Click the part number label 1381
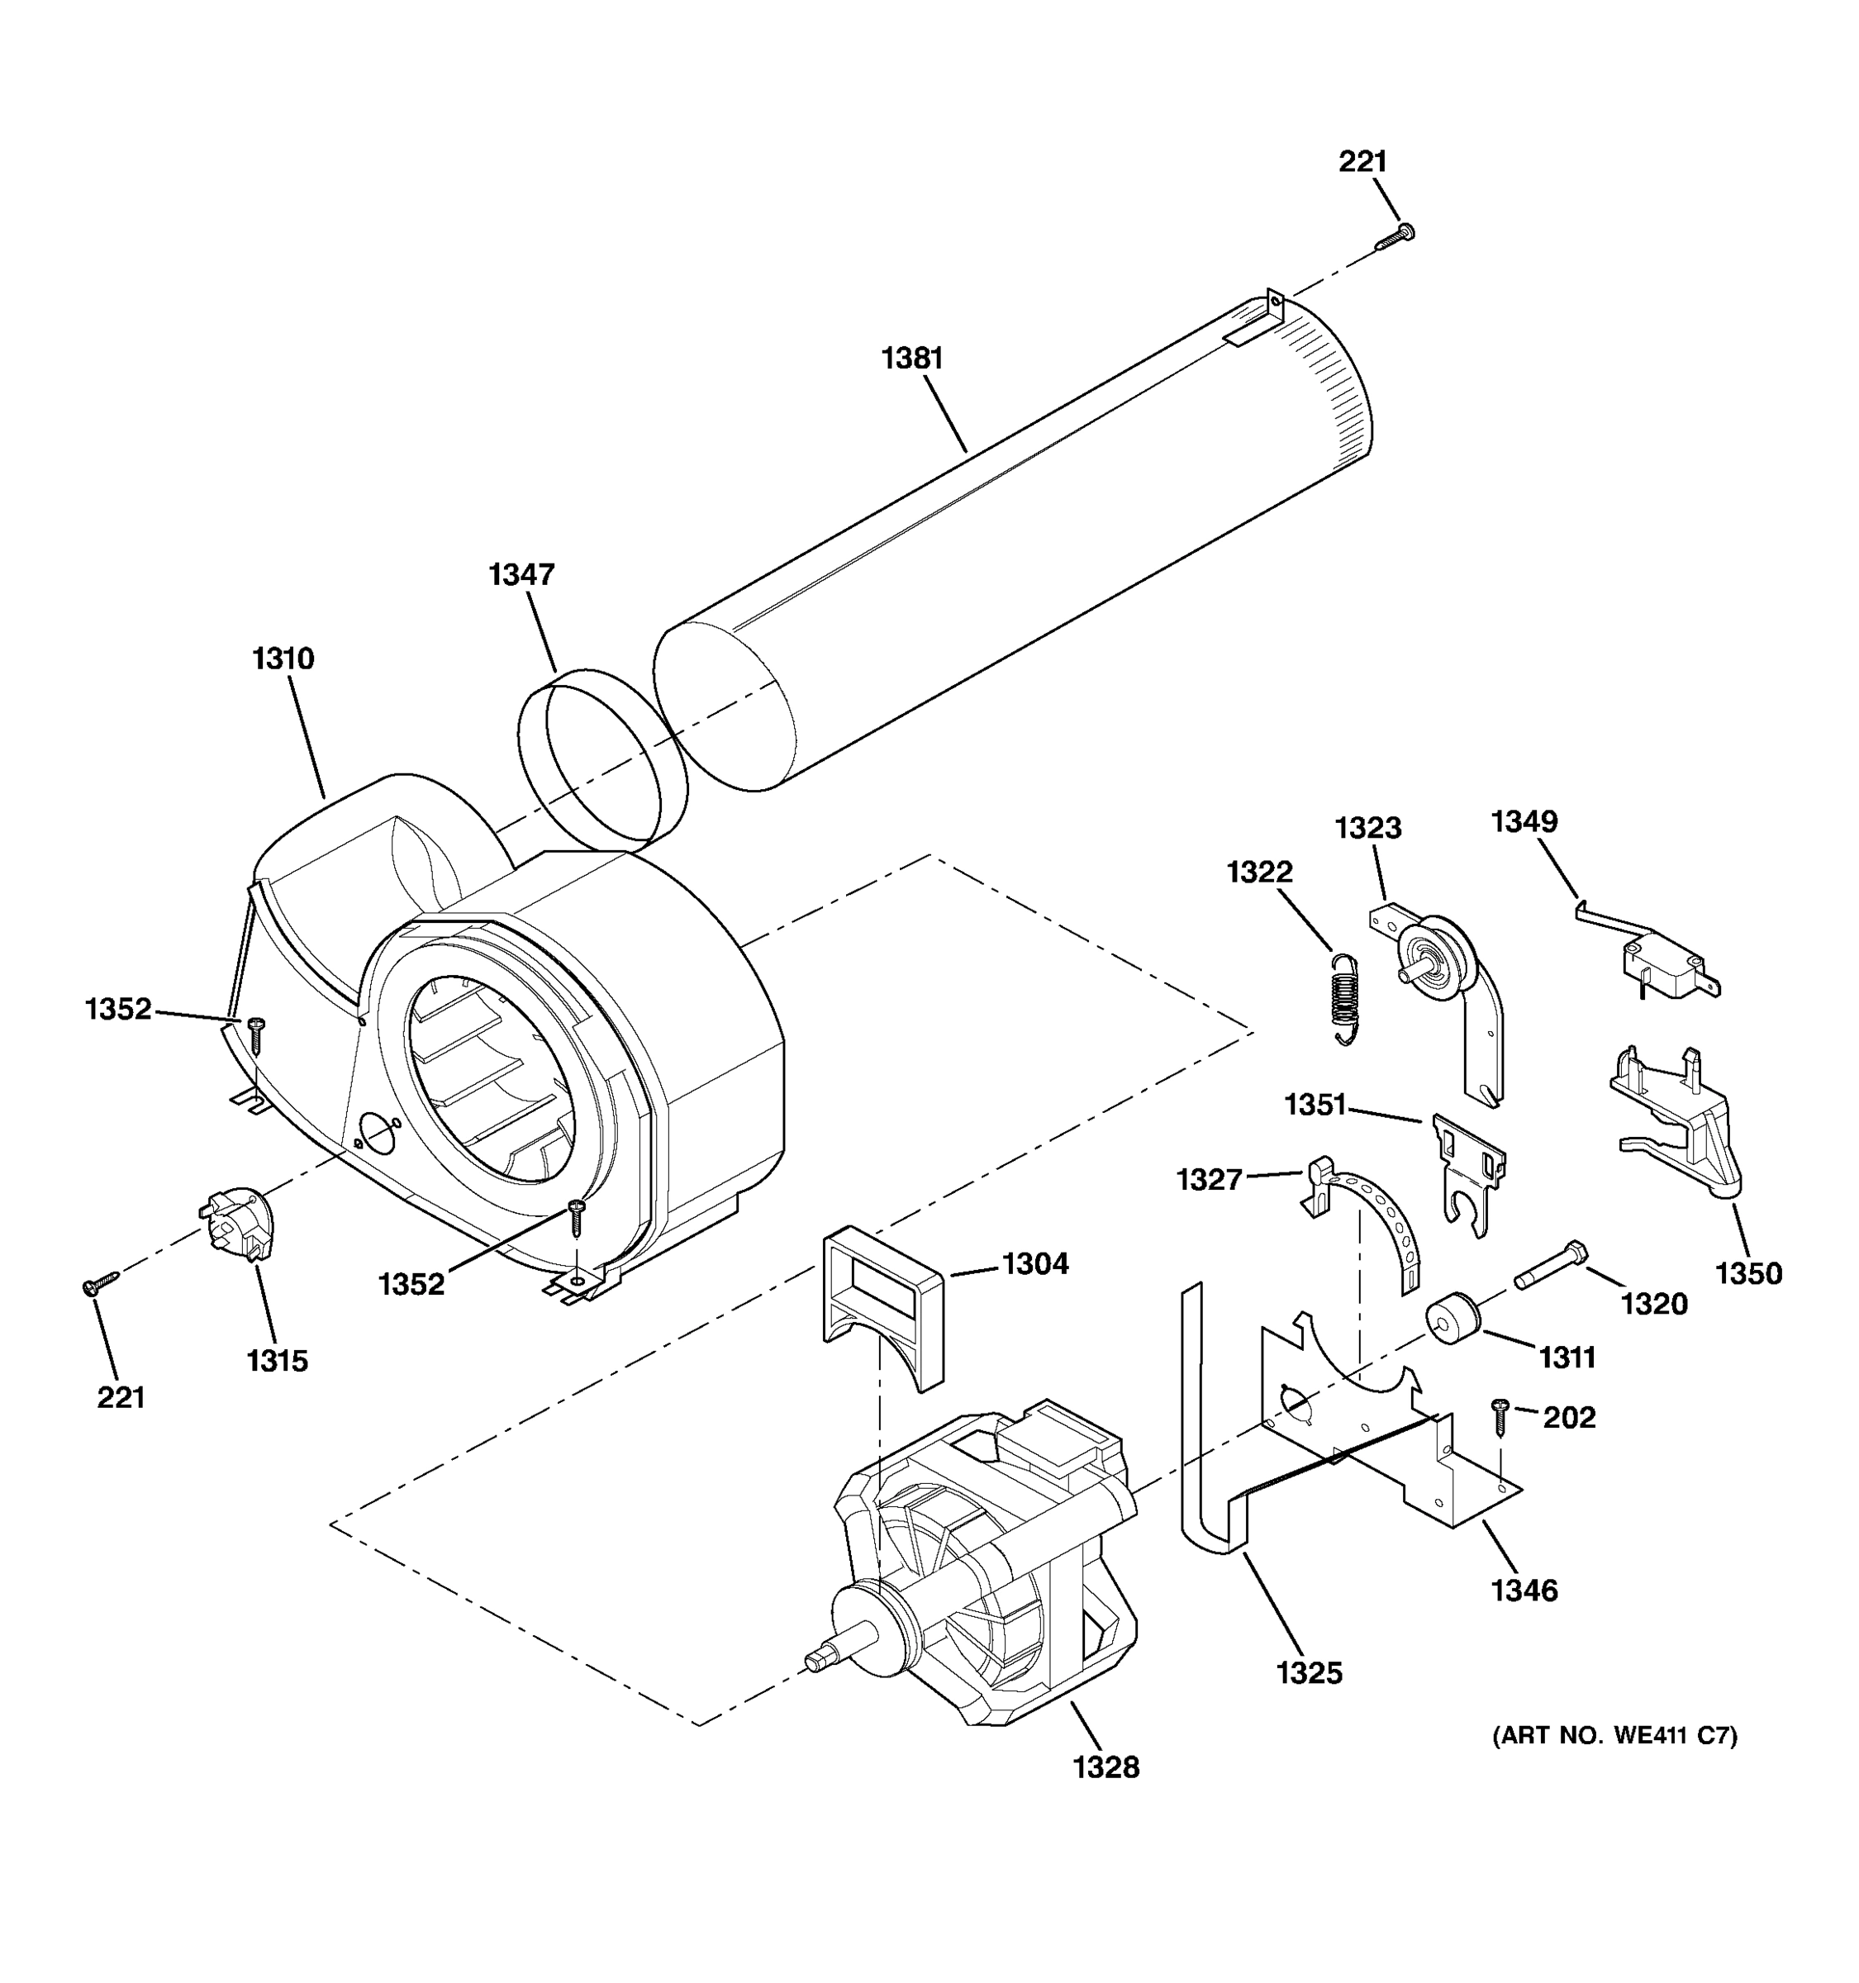point(911,357)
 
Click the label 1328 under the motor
point(1106,1767)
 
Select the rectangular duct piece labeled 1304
point(882,1303)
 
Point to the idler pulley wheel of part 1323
point(1434,958)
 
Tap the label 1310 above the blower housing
point(283,659)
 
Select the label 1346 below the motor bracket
point(1524,1590)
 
